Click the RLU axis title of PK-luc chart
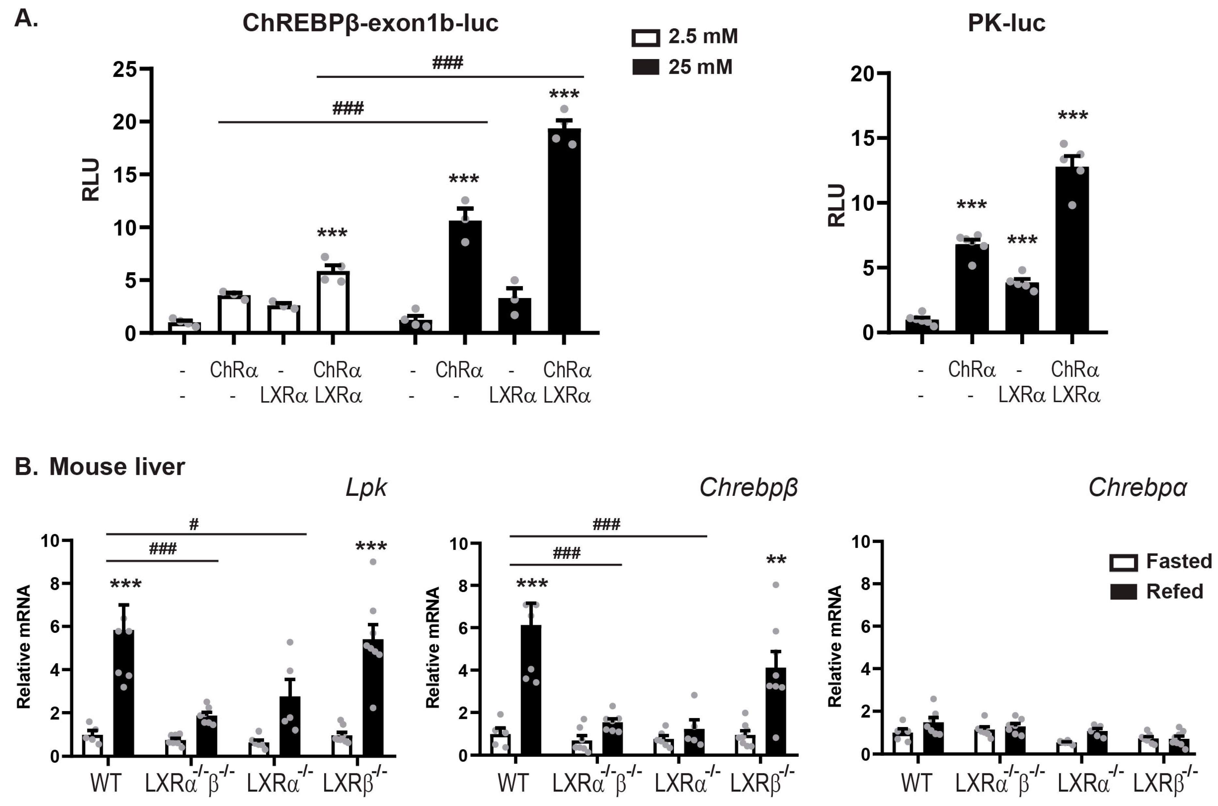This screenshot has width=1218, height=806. click(837, 205)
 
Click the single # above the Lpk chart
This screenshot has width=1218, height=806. click(194, 524)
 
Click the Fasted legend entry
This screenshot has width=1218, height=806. click(1178, 561)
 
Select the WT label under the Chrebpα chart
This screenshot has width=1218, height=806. click(916, 783)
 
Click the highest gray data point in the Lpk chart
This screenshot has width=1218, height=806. click(373, 562)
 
